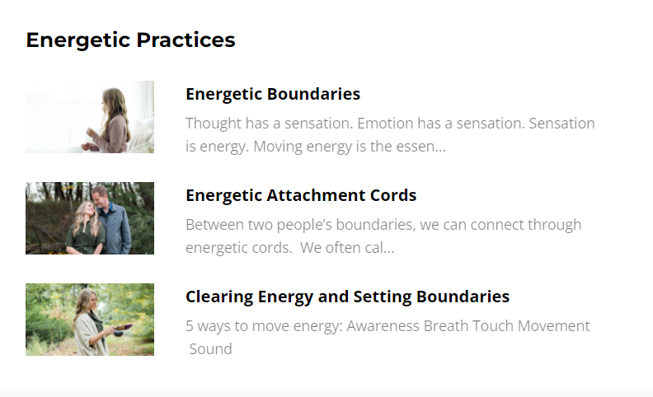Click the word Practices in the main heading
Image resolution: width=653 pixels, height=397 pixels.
(x=186, y=40)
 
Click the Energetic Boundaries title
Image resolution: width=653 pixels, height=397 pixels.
(x=273, y=94)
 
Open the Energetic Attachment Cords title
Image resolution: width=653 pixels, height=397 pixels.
(x=301, y=195)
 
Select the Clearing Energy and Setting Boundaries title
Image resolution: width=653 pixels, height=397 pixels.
(x=347, y=297)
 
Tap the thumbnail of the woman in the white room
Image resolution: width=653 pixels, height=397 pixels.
(x=90, y=117)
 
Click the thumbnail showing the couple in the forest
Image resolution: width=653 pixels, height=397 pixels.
(x=90, y=218)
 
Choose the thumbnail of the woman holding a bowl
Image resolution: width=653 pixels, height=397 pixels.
(x=90, y=320)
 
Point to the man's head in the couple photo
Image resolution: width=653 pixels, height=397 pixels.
(x=100, y=196)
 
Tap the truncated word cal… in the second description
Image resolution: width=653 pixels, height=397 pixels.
(x=379, y=248)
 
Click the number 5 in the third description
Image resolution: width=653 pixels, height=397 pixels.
(x=190, y=326)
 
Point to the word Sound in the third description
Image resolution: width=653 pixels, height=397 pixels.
(x=211, y=349)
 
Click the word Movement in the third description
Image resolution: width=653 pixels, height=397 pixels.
(x=554, y=326)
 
